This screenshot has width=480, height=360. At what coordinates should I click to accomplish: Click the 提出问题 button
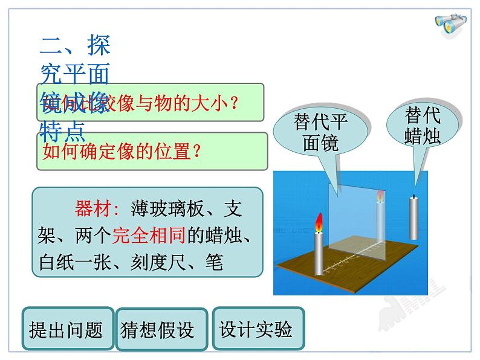click(66, 330)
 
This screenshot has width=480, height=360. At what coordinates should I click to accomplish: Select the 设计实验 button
click(256, 329)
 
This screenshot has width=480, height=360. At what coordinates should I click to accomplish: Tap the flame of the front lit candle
click(319, 223)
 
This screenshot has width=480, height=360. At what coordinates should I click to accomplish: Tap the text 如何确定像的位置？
click(121, 151)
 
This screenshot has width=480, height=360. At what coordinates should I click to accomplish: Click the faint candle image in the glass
click(380, 214)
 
